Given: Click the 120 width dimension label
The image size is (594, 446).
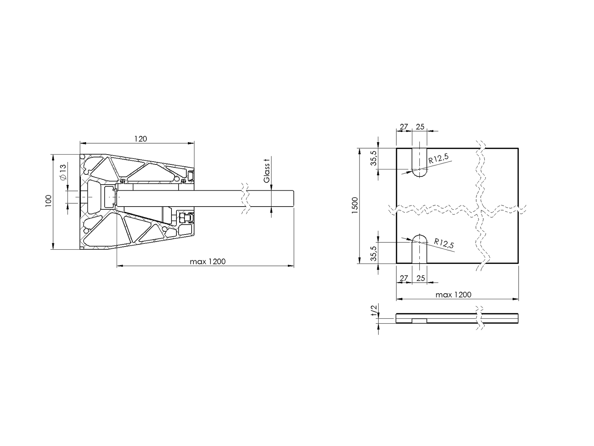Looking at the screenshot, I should coord(140,139).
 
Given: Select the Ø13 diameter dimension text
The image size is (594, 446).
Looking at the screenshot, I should coord(63,172).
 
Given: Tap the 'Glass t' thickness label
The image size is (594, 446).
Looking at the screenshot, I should coord(267,171).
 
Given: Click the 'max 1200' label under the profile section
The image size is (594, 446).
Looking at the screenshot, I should coord(208,262).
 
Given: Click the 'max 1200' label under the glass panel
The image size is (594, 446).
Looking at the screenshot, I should coord(453,295).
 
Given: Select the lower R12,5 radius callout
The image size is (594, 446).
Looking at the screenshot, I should coord(444,243).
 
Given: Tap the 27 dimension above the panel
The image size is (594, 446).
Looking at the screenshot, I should coord(404,127).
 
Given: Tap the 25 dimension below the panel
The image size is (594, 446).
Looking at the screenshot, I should coord(420,278).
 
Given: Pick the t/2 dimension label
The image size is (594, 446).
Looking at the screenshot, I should coord(373,311).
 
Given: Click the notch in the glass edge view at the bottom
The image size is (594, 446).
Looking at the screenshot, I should coord(420,321).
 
